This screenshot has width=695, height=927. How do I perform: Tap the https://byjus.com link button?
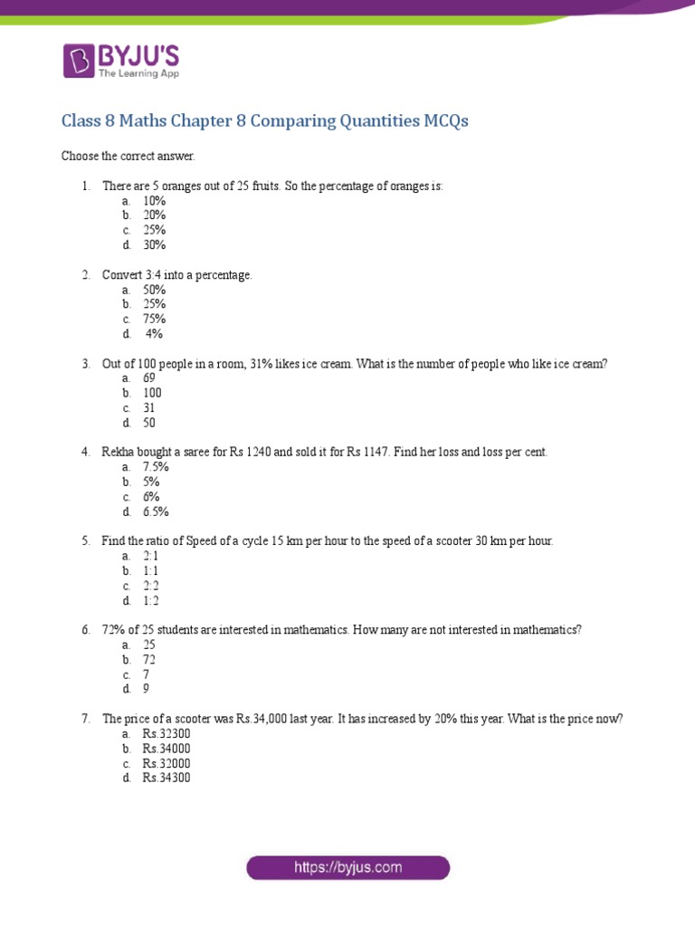click(347, 867)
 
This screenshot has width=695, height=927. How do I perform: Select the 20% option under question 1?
click(154, 215)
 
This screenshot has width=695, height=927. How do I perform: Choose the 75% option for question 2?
click(154, 319)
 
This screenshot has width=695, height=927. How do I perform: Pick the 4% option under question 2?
click(154, 334)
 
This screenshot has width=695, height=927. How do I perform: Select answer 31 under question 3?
click(149, 408)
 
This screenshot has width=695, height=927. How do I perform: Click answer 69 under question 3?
click(149, 377)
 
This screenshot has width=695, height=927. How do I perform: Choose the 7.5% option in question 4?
click(156, 467)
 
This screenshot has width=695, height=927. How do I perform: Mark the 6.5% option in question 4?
click(156, 511)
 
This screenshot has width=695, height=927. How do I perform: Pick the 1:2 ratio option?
click(150, 600)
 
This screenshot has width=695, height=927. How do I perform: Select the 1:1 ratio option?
click(150, 571)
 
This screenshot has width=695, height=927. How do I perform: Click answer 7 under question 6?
click(146, 674)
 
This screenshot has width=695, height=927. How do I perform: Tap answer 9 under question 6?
click(146, 689)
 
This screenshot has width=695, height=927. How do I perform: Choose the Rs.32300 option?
click(167, 734)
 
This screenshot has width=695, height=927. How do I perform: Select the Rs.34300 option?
click(167, 778)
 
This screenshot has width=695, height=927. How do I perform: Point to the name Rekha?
click(118, 452)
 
